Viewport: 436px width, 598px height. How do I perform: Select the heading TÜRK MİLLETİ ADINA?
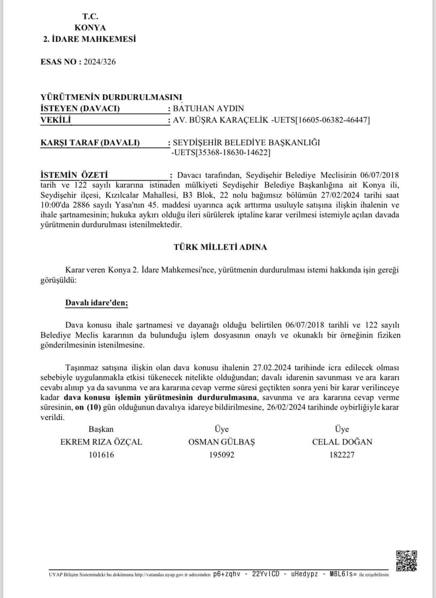coord(220,247)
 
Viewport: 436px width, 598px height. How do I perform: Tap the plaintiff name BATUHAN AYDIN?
coord(208,108)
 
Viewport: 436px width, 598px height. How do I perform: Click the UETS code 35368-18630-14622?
coord(220,153)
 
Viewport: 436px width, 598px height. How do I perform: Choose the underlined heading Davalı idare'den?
coord(96,303)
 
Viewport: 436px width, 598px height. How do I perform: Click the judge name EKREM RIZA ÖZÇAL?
coord(101,442)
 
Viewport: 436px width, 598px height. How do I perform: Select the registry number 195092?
coord(222,455)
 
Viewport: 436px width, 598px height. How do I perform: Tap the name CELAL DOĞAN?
coord(342,442)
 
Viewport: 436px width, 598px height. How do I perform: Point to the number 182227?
coord(342,455)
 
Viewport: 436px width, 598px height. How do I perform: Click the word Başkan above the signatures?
coord(101,429)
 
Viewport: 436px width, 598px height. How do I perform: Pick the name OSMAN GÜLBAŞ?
coord(222,442)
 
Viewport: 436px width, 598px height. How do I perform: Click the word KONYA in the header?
coord(90,27)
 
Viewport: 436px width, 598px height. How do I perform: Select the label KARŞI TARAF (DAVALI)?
coord(90,142)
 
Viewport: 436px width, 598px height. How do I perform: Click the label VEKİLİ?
coord(56,120)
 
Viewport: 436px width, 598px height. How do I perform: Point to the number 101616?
coord(101,455)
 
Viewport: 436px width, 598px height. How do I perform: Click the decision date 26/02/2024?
coord(286,407)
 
